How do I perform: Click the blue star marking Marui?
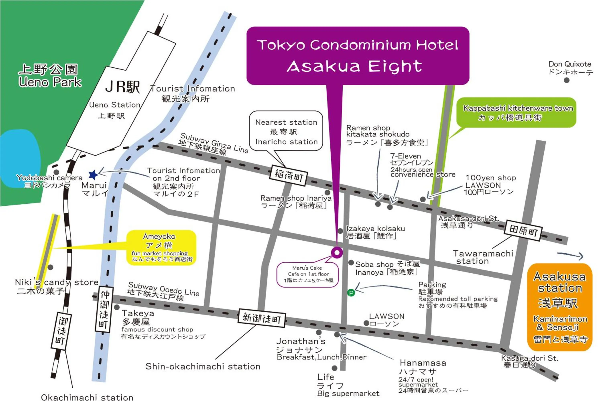click(93, 175)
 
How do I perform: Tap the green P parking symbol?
click(351, 293)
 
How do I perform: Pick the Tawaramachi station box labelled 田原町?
click(523, 231)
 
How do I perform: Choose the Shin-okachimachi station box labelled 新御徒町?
click(261, 319)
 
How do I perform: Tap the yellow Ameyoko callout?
click(161, 248)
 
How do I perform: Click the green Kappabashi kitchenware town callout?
click(516, 113)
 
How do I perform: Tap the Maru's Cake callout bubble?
click(307, 274)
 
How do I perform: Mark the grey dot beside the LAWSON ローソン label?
click(366, 323)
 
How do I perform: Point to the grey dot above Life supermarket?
click(335, 368)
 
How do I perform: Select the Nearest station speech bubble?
click(286, 131)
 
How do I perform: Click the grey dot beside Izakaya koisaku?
click(340, 231)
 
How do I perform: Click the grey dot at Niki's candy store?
click(51, 267)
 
